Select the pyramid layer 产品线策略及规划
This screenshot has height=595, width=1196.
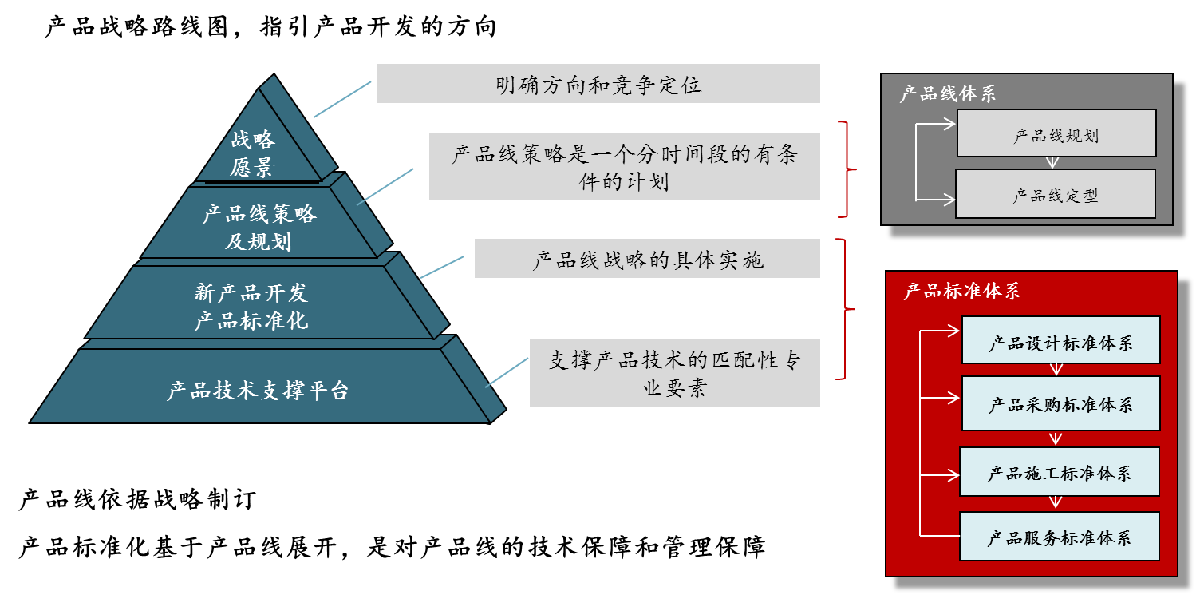click(259, 226)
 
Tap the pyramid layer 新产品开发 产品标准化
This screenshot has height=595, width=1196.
click(251, 306)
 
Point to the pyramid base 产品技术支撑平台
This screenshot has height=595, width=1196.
click(258, 390)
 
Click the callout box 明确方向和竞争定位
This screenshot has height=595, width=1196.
click(598, 84)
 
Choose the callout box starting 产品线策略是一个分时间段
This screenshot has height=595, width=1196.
click(624, 166)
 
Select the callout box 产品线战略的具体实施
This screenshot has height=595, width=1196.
click(647, 259)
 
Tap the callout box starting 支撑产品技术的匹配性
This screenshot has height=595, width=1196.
click(674, 373)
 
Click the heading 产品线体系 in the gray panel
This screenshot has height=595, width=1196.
click(948, 93)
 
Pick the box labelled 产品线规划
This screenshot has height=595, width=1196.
click(1056, 134)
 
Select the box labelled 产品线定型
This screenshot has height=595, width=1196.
click(1055, 194)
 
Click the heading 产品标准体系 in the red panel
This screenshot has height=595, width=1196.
click(961, 291)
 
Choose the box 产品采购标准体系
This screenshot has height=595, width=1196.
click(1060, 403)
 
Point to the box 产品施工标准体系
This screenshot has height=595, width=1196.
click(1059, 472)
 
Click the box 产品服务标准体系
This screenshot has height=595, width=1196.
click(1059, 537)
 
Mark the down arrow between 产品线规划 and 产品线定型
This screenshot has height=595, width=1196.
click(1053, 162)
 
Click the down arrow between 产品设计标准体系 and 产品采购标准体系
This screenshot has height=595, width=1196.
click(1057, 370)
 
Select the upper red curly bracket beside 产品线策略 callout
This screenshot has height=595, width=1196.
click(846, 169)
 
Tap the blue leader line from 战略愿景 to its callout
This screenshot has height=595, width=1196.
click(343, 99)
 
